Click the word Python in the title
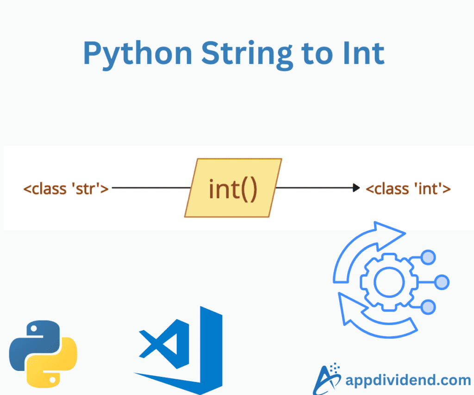coord(137,54)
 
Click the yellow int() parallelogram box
coord(233,188)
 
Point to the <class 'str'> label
coord(66,188)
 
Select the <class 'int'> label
coord(408,188)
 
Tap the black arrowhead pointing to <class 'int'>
coord(356,188)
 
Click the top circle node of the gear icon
coord(429,257)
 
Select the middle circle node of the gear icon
coord(442,282)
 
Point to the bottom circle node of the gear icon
coord(429,307)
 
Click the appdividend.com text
coord(408,381)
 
